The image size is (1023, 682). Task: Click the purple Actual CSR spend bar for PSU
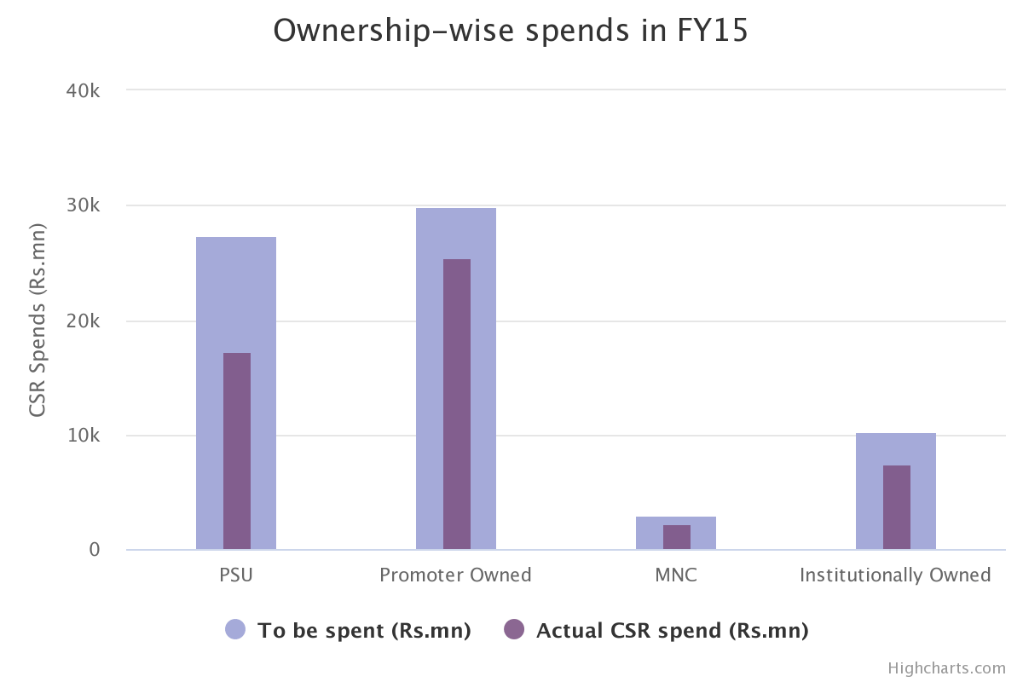[x=237, y=451]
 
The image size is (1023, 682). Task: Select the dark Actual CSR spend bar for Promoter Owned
[x=457, y=404]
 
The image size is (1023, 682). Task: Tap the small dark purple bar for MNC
[x=677, y=537]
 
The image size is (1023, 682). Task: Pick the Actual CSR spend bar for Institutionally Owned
[x=897, y=507]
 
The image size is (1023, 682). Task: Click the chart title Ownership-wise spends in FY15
[x=511, y=31]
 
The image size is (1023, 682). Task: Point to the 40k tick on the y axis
[x=83, y=90]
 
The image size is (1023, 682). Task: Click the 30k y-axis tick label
[x=83, y=205]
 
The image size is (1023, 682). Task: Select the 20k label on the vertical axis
[x=83, y=321]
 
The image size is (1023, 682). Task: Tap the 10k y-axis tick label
[x=83, y=436]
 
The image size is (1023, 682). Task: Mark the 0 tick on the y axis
[x=94, y=550]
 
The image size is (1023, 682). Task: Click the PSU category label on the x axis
[x=236, y=575]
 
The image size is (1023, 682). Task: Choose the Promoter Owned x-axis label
[x=455, y=575]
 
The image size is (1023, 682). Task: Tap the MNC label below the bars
[x=676, y=575]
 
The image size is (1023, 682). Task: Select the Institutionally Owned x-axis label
[x=895, y=575]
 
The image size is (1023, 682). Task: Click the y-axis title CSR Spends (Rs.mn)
[x=37, y=320]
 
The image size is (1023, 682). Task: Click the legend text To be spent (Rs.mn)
[x=364, y=631]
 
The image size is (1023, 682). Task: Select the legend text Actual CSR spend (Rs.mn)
[x=672, y=631]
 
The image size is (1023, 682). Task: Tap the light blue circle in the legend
[x=235, y=630]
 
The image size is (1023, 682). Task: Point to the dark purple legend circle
[x=513, y=630]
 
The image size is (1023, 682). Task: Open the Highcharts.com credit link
[x=946, y=668]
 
